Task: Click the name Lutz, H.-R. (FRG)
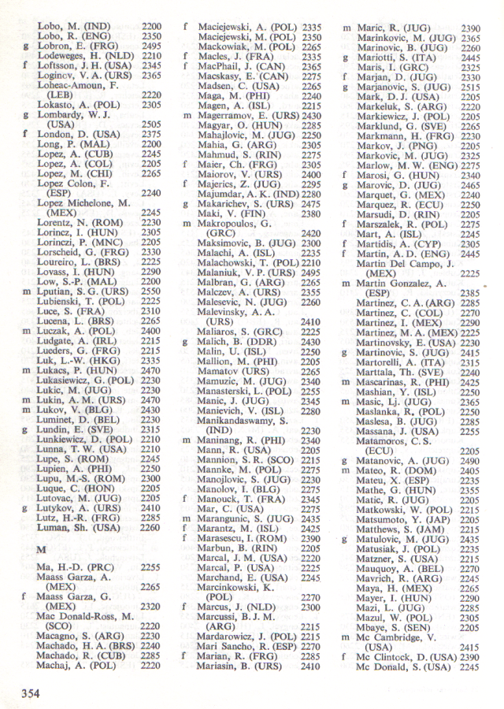point(78,518)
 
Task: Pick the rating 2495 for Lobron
point(151,46)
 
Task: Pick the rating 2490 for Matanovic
point(471,460)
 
